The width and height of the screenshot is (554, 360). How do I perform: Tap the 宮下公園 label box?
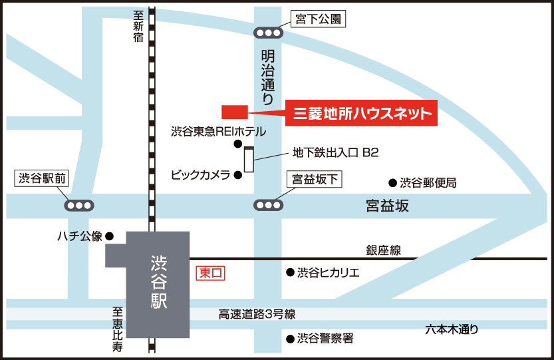[319, 21]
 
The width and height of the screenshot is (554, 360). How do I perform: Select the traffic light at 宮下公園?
[269, 32]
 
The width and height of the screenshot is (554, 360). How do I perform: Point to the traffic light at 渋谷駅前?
[79, 205]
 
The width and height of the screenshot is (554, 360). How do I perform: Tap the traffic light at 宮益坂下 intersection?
[269, 205]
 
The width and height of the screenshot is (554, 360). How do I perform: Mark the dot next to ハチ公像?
[110, 236]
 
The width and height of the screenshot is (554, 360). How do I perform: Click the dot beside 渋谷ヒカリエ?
[290, 272]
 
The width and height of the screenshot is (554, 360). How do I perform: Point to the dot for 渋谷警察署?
[290, 339]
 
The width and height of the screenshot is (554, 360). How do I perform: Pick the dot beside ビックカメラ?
[237, 176]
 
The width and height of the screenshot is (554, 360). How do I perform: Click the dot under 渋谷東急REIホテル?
[237, 144]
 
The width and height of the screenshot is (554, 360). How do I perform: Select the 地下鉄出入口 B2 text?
[335, 153]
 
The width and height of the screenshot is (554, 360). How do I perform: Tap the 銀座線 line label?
[383, 250]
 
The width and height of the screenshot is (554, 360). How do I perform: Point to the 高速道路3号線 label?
[257, 314]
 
